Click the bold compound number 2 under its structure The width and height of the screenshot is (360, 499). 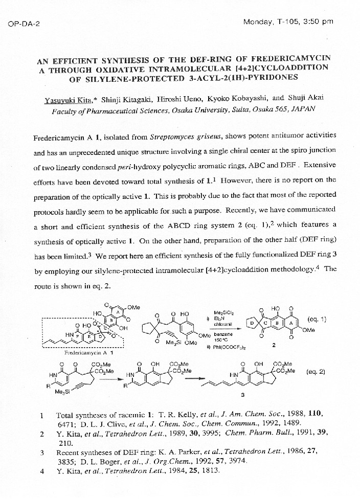pyautogui.click(x=274, y=345)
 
